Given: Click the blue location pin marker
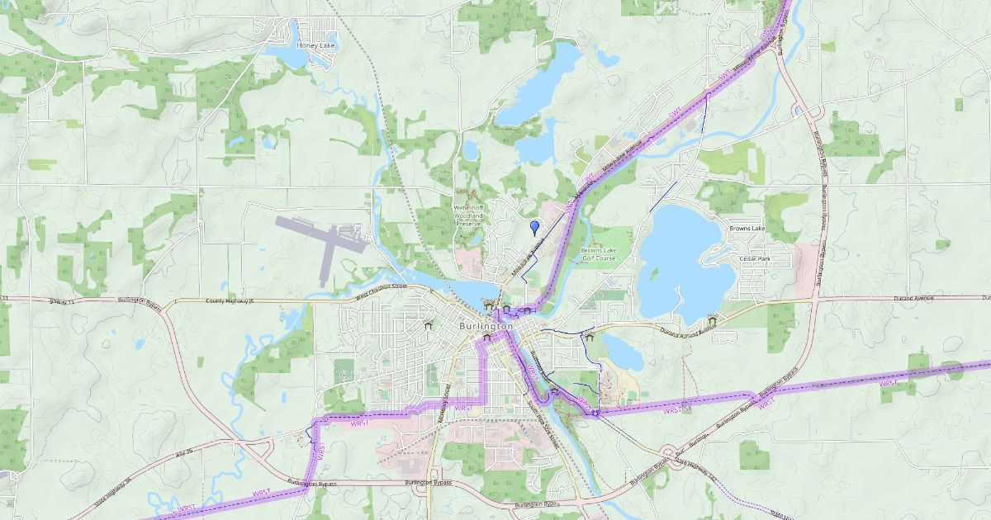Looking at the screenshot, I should click(x=534, y=225).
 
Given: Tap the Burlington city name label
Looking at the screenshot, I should click(x=486, y=327).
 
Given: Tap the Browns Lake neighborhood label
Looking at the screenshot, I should click(x=747, y=228).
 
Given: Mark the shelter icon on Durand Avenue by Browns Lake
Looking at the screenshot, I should click(x=712, y=320).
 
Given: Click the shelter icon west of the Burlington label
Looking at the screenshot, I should click(x=427, y=326).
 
